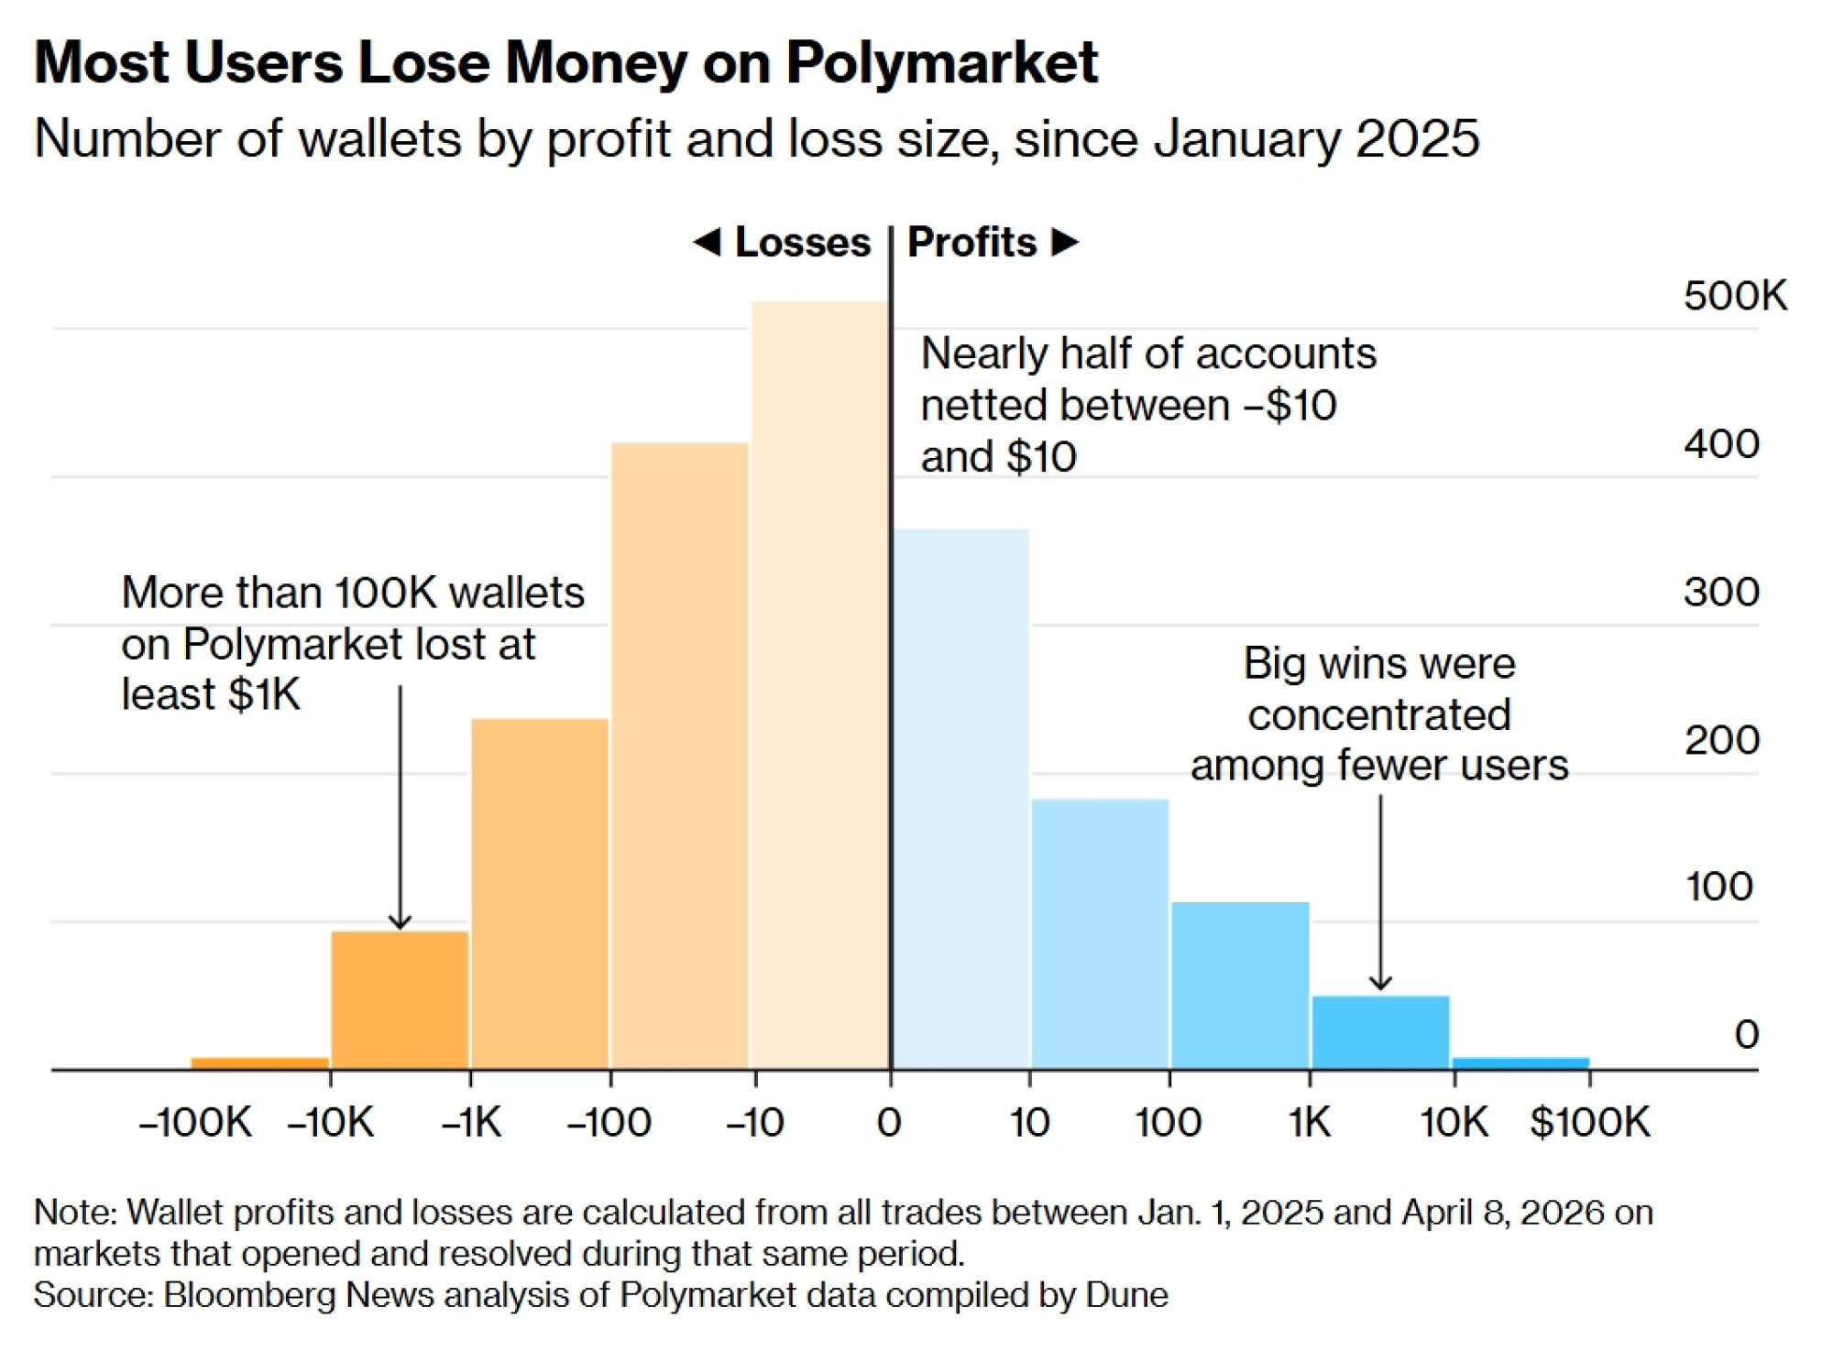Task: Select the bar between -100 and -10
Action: click(680, 756)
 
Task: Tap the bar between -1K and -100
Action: click(540, 894)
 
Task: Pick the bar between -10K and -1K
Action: click(400, 999)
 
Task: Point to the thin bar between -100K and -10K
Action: click(259, 1062)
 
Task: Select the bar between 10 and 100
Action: click(1100, 934)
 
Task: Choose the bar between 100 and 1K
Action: click(1240, 986)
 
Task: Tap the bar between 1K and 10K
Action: click(1380, 1032)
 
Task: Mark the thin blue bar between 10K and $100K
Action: click(1520, 1062)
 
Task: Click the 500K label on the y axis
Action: click(1735, 296)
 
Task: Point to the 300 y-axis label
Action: click(1721, 592)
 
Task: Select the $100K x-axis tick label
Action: click(1590, 1122)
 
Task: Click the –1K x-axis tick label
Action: click(471, 1122)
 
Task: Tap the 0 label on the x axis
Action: click(889, 1122)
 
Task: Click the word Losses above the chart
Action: click(802, 243)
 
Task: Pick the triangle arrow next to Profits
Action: click(1064, 243)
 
